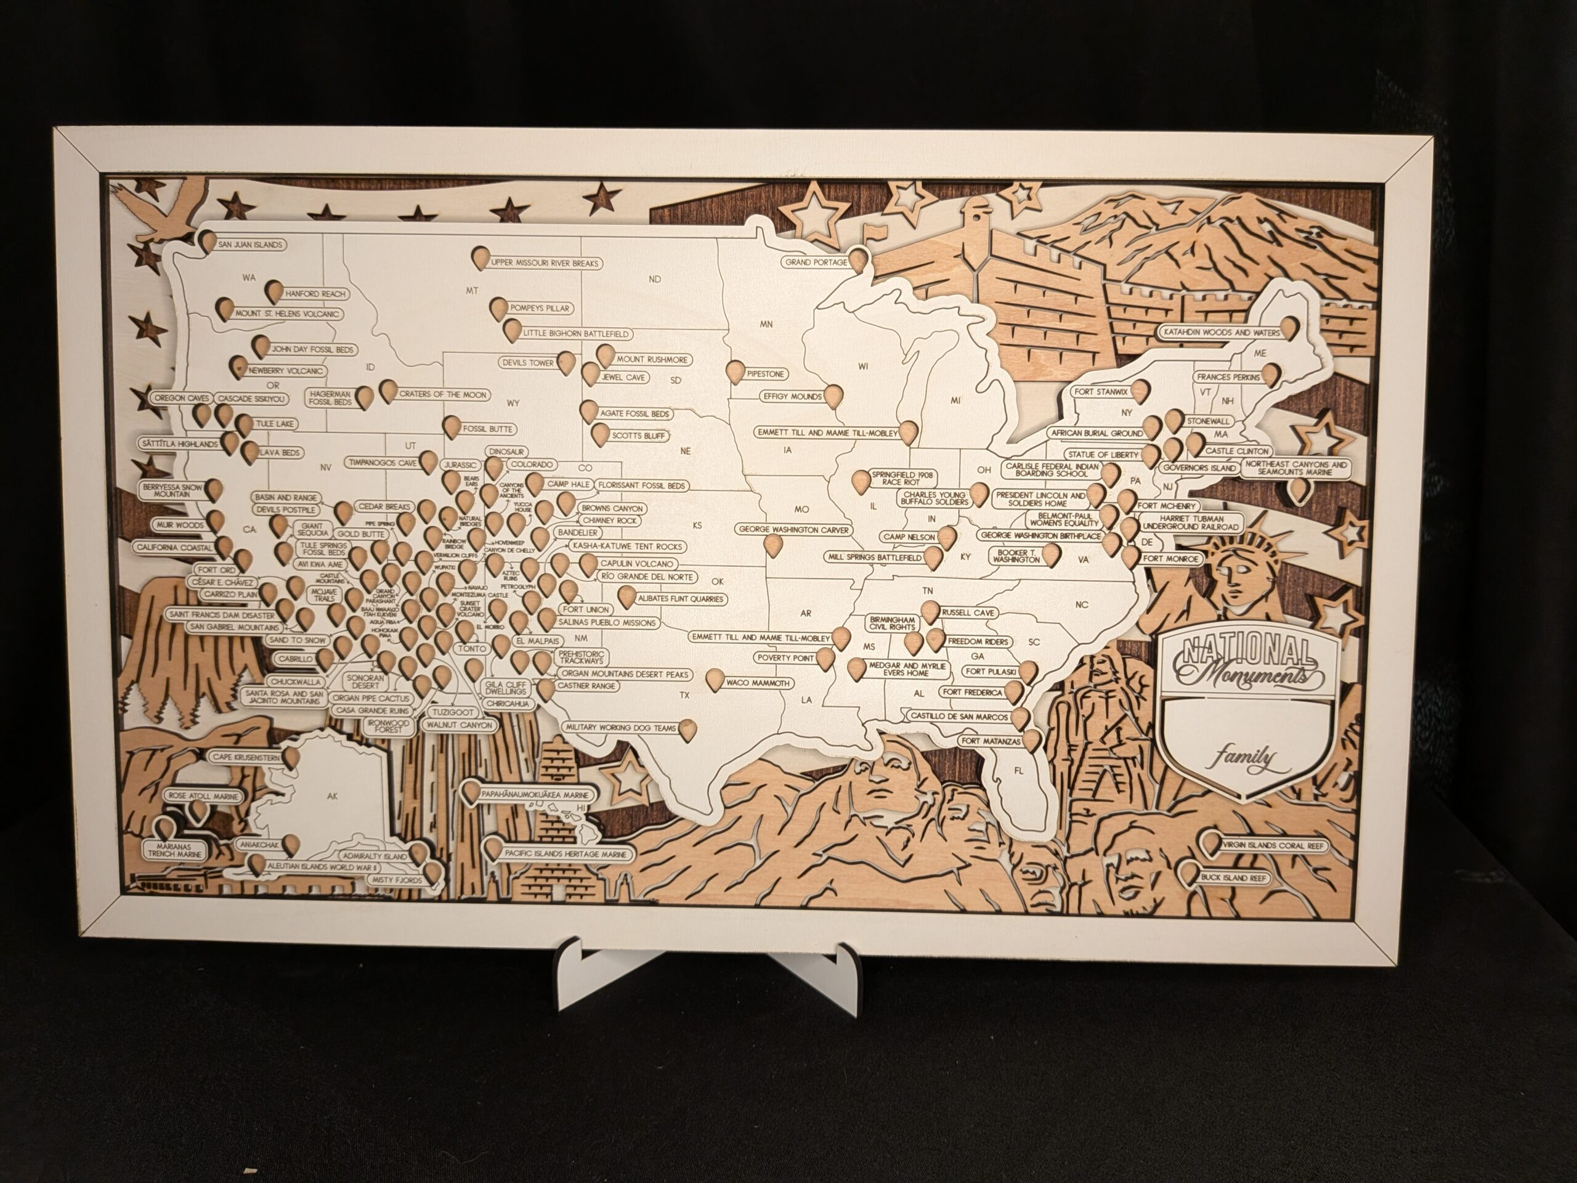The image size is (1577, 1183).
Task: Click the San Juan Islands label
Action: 250,245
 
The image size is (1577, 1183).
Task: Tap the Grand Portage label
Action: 816,262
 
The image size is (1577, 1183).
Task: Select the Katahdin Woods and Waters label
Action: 1221,332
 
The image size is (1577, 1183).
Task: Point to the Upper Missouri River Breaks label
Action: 545,264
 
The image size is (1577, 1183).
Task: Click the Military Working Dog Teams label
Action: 620,728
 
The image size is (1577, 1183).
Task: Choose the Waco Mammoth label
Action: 758,683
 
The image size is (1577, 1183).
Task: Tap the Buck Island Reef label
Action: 1233,878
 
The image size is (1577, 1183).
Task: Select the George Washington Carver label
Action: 794,530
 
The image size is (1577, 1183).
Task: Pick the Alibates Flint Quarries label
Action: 681,599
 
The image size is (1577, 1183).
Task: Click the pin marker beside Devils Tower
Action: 566,363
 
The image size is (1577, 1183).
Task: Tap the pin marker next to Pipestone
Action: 735,372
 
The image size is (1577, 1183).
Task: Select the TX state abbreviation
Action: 685,695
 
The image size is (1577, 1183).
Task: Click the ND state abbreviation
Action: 655,279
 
